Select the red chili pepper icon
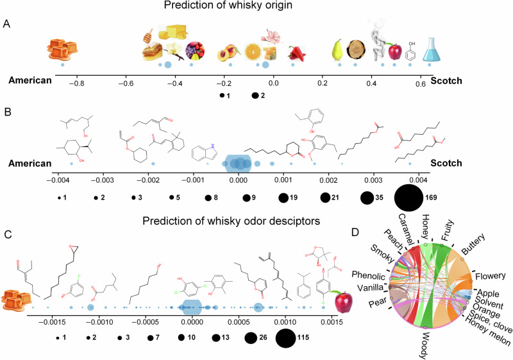293,53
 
